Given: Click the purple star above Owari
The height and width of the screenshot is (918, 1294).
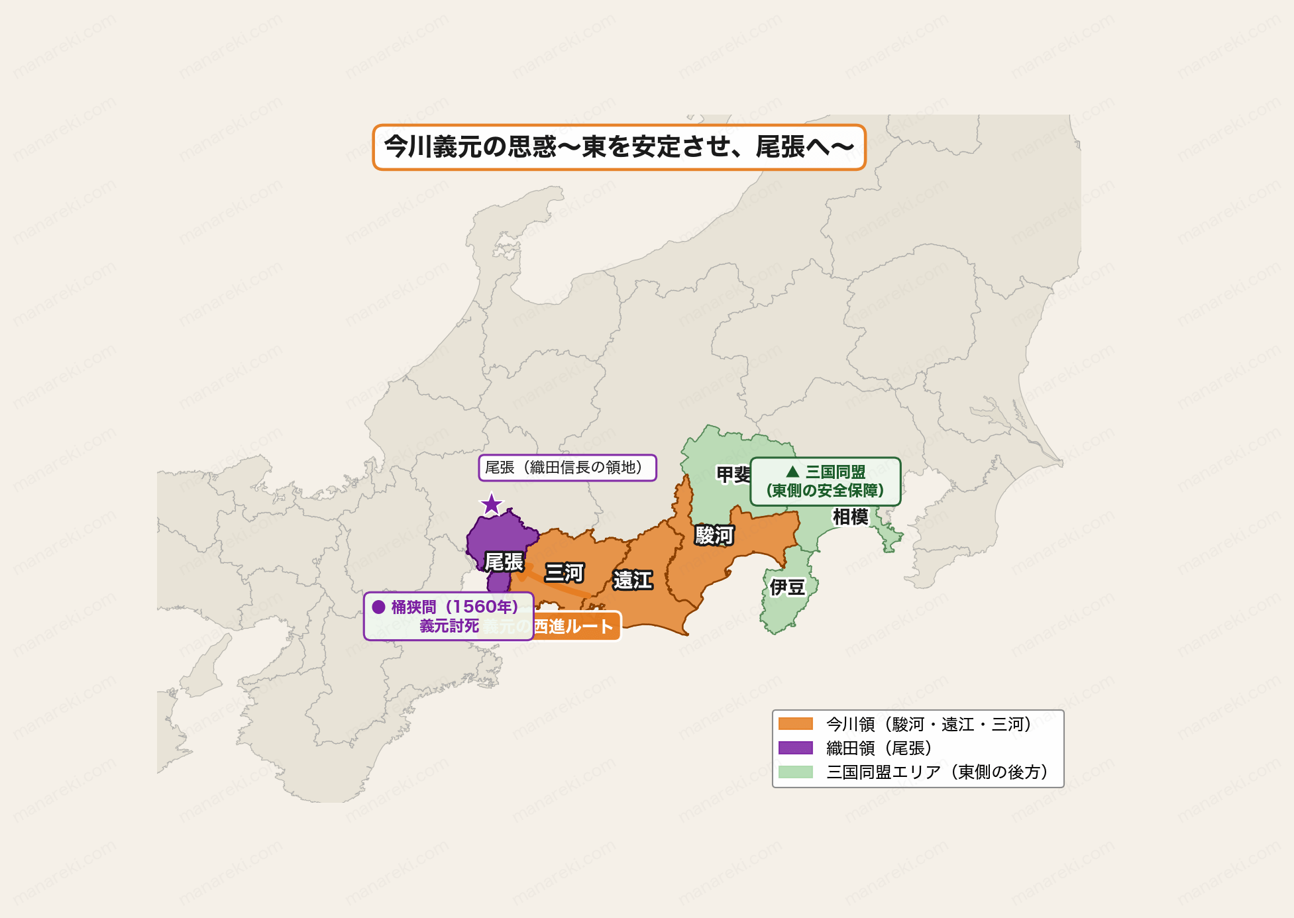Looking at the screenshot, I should [x=491, y=505].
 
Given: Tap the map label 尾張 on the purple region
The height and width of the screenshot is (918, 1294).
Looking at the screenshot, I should [x=504, y=562].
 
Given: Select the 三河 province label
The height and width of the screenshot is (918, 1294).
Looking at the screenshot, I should [x=564, y=572].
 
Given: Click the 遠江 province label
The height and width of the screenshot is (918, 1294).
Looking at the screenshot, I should [x=632, y=580].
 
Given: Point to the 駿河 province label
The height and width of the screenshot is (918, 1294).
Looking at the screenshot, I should [x=714, y=535].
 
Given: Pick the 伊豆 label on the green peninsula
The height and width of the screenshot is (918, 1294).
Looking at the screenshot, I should [x=786, y=587].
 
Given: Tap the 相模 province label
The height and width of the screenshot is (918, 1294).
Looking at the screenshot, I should [x=850, y=517].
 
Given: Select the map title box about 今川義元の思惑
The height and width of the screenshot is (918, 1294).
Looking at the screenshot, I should [x=619, y=147].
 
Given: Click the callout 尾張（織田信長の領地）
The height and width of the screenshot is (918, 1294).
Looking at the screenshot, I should [x=567, y=468].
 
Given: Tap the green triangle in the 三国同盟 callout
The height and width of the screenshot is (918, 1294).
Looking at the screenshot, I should [x=792, y=472].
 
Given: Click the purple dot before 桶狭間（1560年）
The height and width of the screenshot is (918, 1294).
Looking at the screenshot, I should [x=378, y=607].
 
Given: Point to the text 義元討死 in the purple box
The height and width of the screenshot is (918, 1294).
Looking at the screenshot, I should [x=449, y=626].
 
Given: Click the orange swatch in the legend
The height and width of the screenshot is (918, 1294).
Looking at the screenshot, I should [x=795, y=724].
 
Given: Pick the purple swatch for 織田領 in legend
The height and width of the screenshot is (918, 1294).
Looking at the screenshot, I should [x=795, y=748].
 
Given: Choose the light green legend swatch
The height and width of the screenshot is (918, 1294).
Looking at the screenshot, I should [x=795, y=772].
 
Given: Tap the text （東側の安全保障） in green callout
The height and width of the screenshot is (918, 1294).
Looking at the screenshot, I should [x=825, y=491].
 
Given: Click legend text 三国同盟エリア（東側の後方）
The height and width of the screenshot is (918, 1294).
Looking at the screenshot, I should [x=937, y=772].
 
